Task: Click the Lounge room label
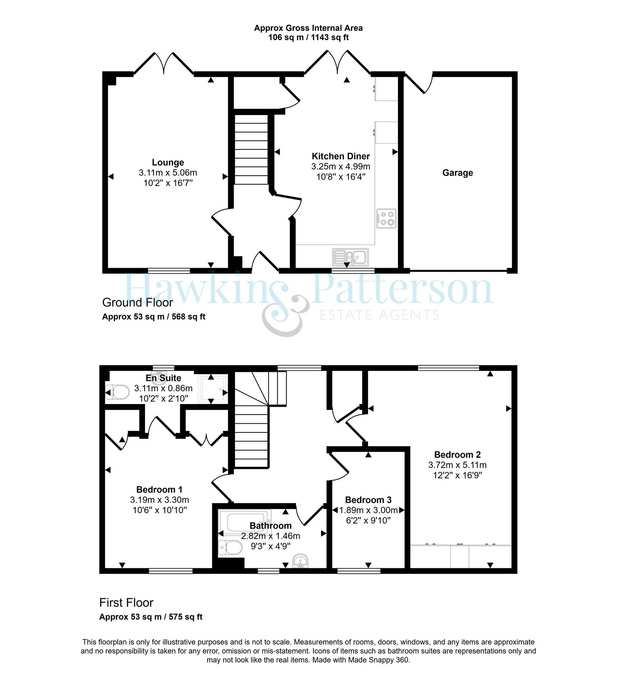click(168, 162)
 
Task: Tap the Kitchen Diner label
click(341, 156)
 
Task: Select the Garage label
click(457, 173)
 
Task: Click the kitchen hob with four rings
click(386, 218)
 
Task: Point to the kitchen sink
click(350, 257)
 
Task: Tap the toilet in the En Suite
click(117, 392)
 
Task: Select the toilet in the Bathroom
click(230, 548)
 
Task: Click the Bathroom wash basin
click(300, 561)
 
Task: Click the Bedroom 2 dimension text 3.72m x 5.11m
click(457, 465)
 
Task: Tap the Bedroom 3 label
click(368, 500)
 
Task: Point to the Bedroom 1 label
click(159, 490)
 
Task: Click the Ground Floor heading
click(138, 303)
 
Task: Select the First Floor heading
click(126, 603)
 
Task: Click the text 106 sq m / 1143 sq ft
click(308, 37)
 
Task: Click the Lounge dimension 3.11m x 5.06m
click(168, 173)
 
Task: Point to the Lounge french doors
click(164, 63)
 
